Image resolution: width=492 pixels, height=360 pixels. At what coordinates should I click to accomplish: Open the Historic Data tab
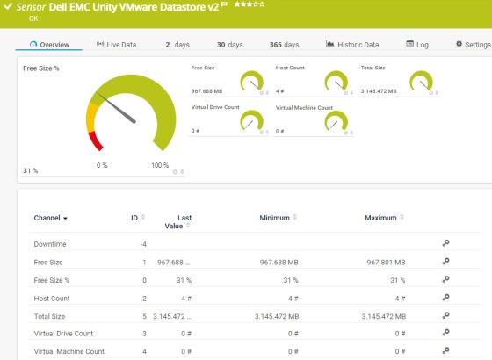coord(352,44)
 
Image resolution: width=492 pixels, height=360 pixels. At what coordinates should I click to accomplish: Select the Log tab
coord(417,44)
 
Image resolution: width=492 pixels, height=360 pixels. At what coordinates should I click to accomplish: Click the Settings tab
coord(473,44)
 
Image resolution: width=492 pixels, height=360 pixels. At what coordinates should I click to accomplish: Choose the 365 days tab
coord(284,44)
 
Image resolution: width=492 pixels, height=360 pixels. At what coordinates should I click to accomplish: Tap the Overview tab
coord(49,44)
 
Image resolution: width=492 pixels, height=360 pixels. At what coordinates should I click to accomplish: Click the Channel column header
coord(51,217)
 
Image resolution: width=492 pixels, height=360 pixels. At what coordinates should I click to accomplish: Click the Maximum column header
coord(380,217)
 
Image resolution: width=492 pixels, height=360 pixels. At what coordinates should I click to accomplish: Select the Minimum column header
coord(275,217)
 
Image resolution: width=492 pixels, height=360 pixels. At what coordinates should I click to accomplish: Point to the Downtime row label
coord(50,244)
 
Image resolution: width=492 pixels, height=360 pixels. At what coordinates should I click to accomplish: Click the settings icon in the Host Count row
coord(445,298)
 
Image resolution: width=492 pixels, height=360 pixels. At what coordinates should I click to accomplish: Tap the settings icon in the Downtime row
coord(445,244)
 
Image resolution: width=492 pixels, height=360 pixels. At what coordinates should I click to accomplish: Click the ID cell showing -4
coord(143,244)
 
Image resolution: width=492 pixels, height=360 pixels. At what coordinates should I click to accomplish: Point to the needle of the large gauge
coord(120,110)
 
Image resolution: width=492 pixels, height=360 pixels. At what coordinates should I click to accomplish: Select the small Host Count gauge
coord(336,82)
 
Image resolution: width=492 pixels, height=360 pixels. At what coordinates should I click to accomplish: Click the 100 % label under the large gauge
coord(160,165)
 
